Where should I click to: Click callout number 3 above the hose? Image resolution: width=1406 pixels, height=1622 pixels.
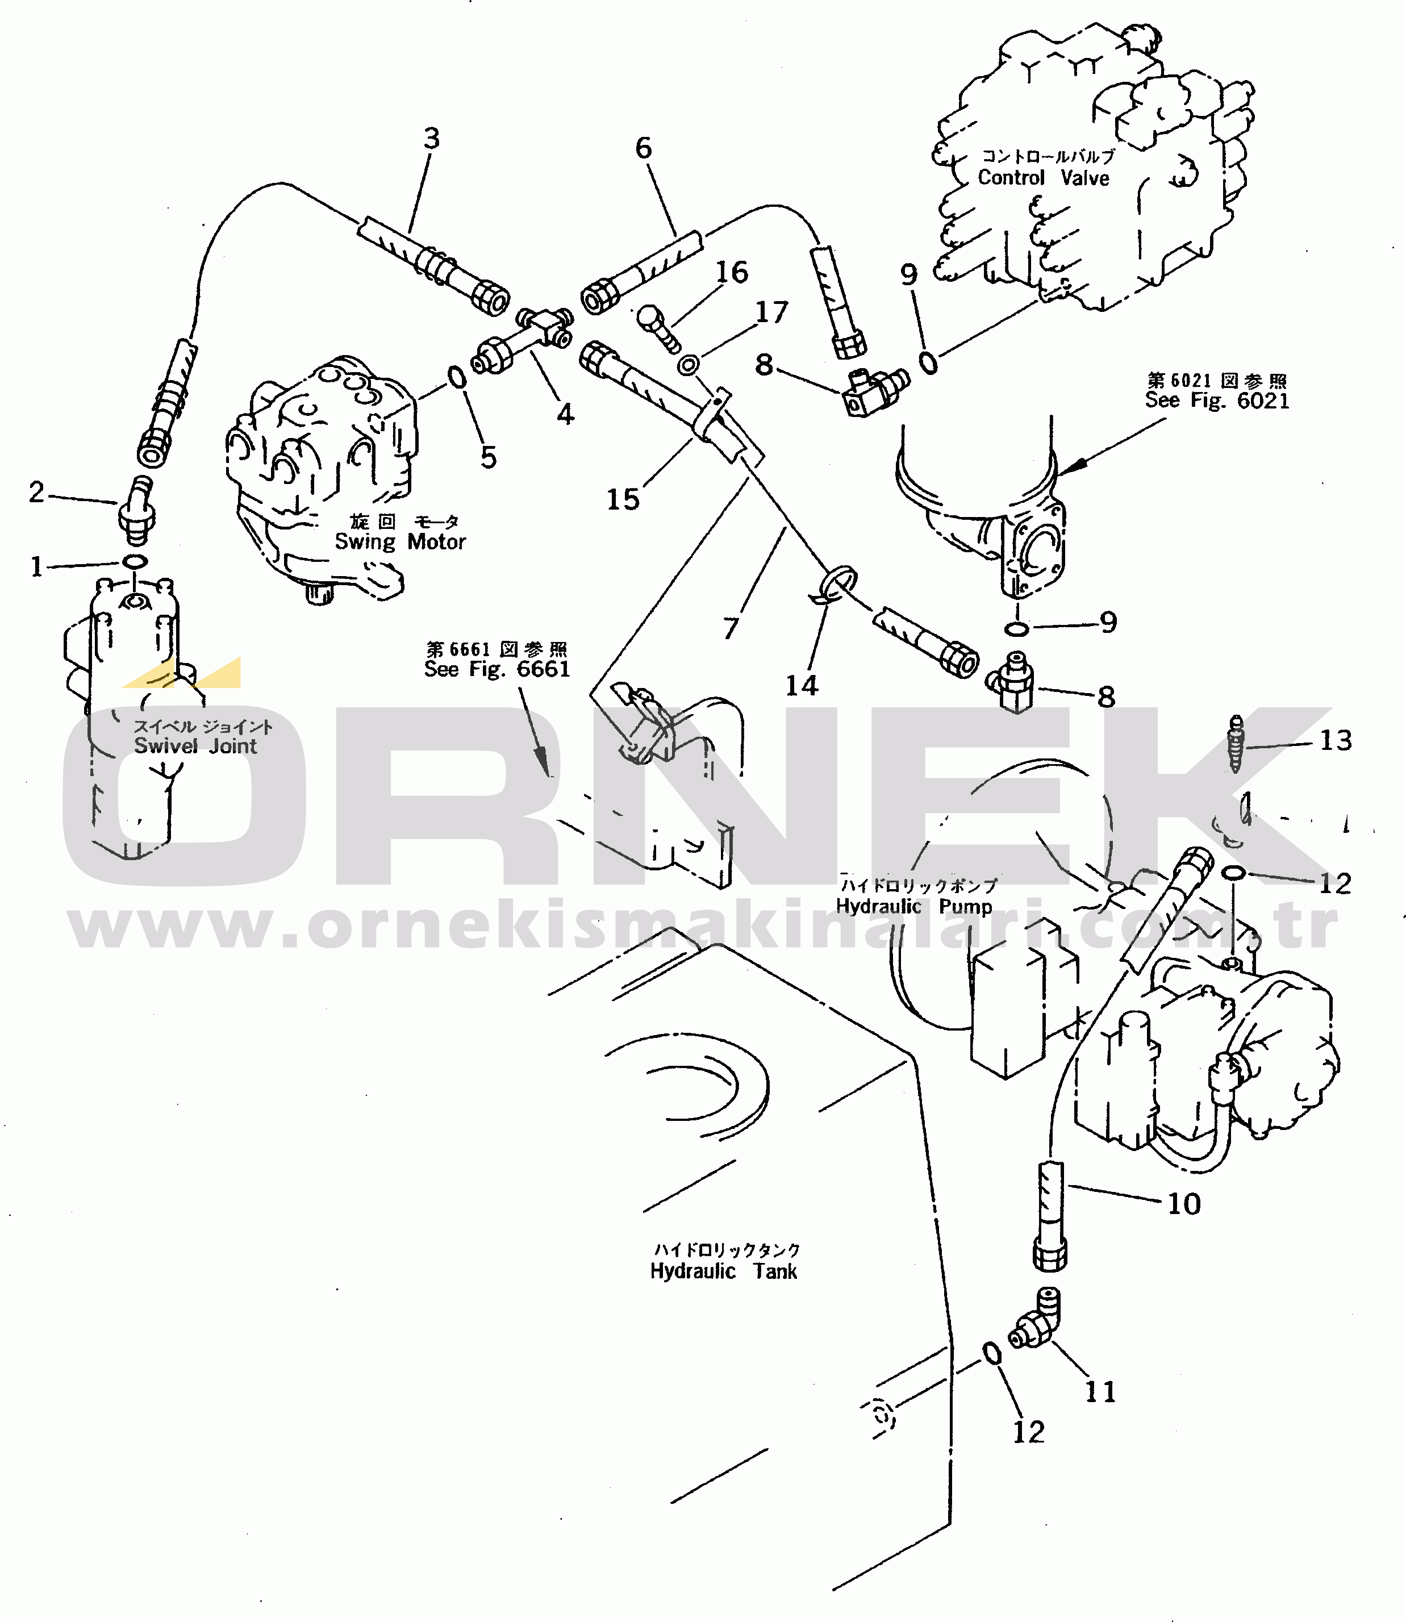point(432,139)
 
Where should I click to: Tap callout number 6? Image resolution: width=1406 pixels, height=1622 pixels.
point(644,148)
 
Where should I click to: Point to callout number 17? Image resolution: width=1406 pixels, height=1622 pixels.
point(771,312)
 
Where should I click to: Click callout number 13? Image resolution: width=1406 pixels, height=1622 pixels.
point(1336,740)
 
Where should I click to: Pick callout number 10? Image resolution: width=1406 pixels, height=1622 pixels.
point(1184,1204)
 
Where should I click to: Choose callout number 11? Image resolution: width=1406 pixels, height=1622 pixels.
point(1100,1392)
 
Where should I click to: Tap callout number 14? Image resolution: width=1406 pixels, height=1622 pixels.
point(802,686)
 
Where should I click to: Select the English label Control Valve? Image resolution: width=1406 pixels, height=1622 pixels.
point(1044,178)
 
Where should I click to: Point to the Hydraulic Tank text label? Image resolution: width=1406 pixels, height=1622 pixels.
point(723,1271)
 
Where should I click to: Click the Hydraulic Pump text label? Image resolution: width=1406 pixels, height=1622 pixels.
point(913,906)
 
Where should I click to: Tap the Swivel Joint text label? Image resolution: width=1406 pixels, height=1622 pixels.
point(195,745)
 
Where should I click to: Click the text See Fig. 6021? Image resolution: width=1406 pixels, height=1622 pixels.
point(1217,400)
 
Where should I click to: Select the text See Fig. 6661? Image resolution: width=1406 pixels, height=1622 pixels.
point(497,669)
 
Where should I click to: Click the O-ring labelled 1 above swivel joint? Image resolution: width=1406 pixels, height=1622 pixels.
point(135,562)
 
